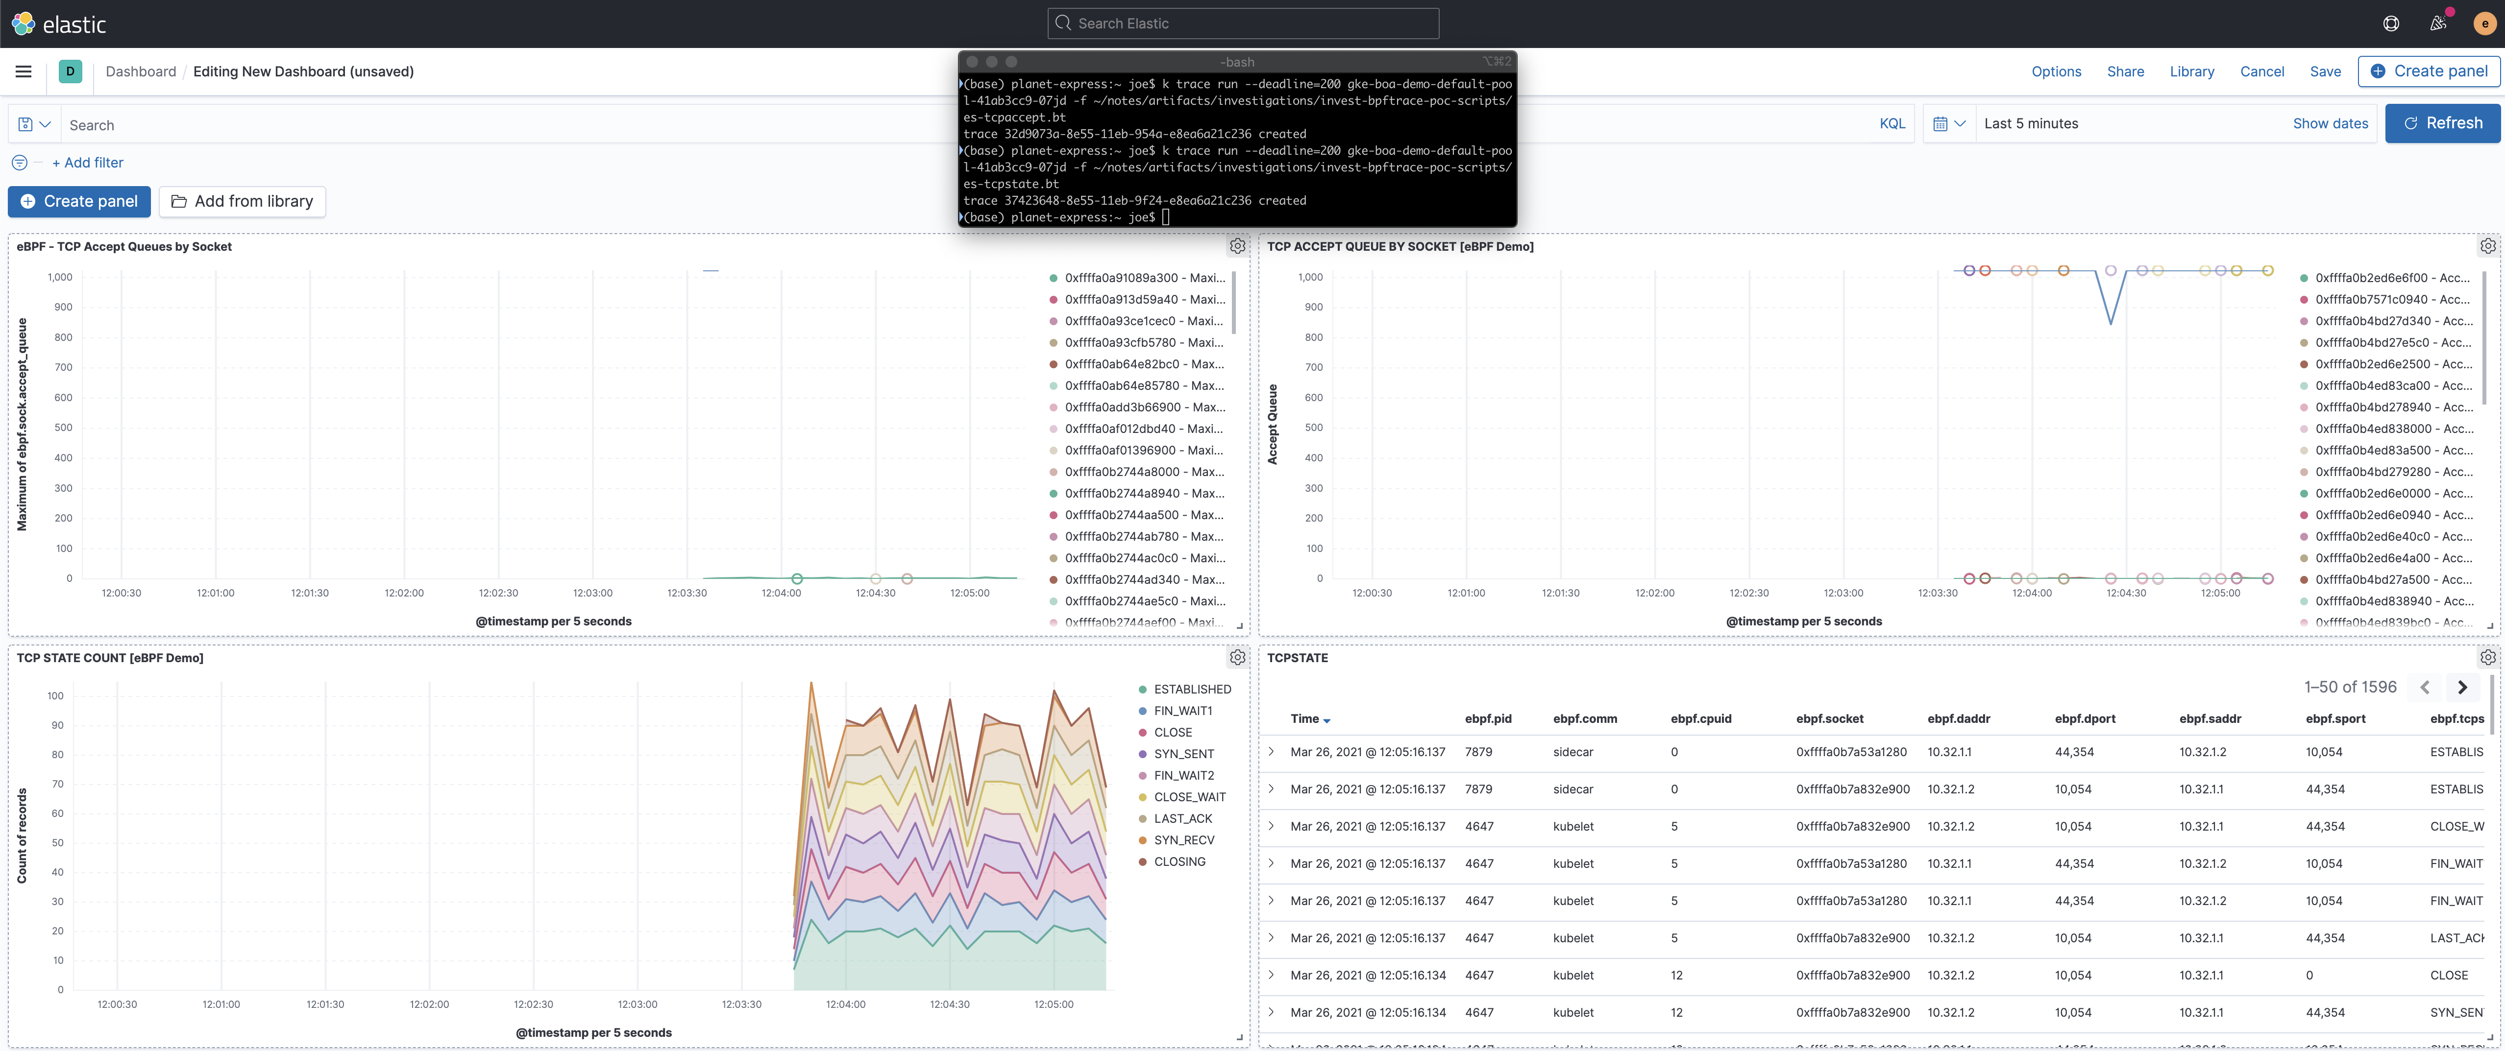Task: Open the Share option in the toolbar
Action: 2125,72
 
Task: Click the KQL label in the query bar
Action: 1891,123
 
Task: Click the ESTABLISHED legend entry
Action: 1191,690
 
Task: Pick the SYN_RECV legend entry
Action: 1183,840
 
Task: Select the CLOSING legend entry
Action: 1179,861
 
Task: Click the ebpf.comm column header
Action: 1584,718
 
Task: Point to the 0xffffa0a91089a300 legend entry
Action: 1144,278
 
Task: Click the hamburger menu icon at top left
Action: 24,72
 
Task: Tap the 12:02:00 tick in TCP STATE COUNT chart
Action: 429,1004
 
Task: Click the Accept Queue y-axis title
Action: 1272,424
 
